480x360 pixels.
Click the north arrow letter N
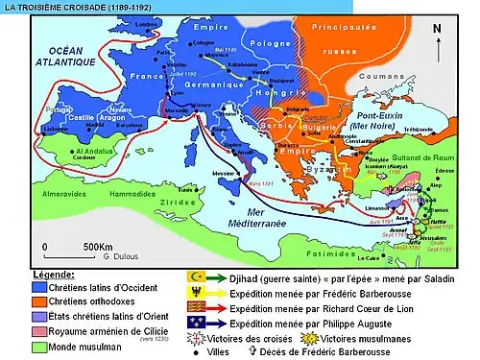tap(438, 28)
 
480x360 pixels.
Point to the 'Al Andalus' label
tap(70, 152)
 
